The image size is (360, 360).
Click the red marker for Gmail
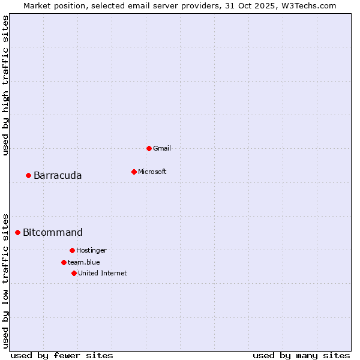click(x=149, y=148)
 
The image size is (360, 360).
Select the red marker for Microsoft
click(x=134, y=172)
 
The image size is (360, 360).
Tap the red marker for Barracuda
click(x=28, y=175)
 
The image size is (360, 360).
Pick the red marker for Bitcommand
click(x=17, y=232)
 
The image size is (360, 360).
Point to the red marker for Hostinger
click(x=72, y=250)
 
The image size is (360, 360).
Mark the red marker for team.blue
click(x=64, y=262)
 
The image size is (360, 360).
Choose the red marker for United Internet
click(x=74, y=273)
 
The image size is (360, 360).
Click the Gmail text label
click(x=162, y=148)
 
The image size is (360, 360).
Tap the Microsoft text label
click(x=152, y=172)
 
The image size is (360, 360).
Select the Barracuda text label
click(x=58, y=175)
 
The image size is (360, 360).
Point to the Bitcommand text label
click(x=53, y=232)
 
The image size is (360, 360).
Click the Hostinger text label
click(x=91, y=250)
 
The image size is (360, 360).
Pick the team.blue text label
click(x=84, y=262)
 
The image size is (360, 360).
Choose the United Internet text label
click(x=103, y=273)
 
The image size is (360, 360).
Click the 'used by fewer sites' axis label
click(x=62, y=355)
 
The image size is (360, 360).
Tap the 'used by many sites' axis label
click(x=301, y=355)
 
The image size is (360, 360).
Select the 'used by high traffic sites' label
click(x=5, y=85)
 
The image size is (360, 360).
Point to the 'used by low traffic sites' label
click(x=5, y=280)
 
